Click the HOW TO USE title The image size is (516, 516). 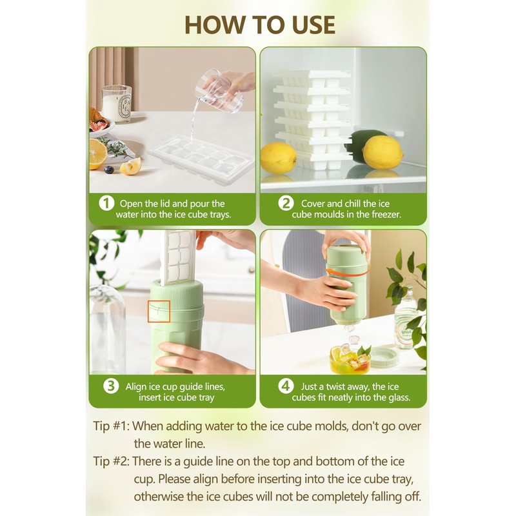[259, 24]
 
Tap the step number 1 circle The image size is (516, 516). [106, 204]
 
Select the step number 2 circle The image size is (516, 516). [286, 204]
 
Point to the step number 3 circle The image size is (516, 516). [112, 386]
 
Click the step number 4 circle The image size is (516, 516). [286, 386]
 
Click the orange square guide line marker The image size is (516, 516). [159, 311]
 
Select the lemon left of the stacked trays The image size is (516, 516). [278, 157]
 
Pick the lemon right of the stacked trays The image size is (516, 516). [382, 153]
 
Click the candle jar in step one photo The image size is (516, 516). [117, 103]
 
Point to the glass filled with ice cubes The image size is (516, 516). [350, 359]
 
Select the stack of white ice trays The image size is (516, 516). [312, 119]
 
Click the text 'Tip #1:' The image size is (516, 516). [111, 426]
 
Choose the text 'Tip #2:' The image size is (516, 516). [111, 462]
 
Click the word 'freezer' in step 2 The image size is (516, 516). [384, 215]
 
